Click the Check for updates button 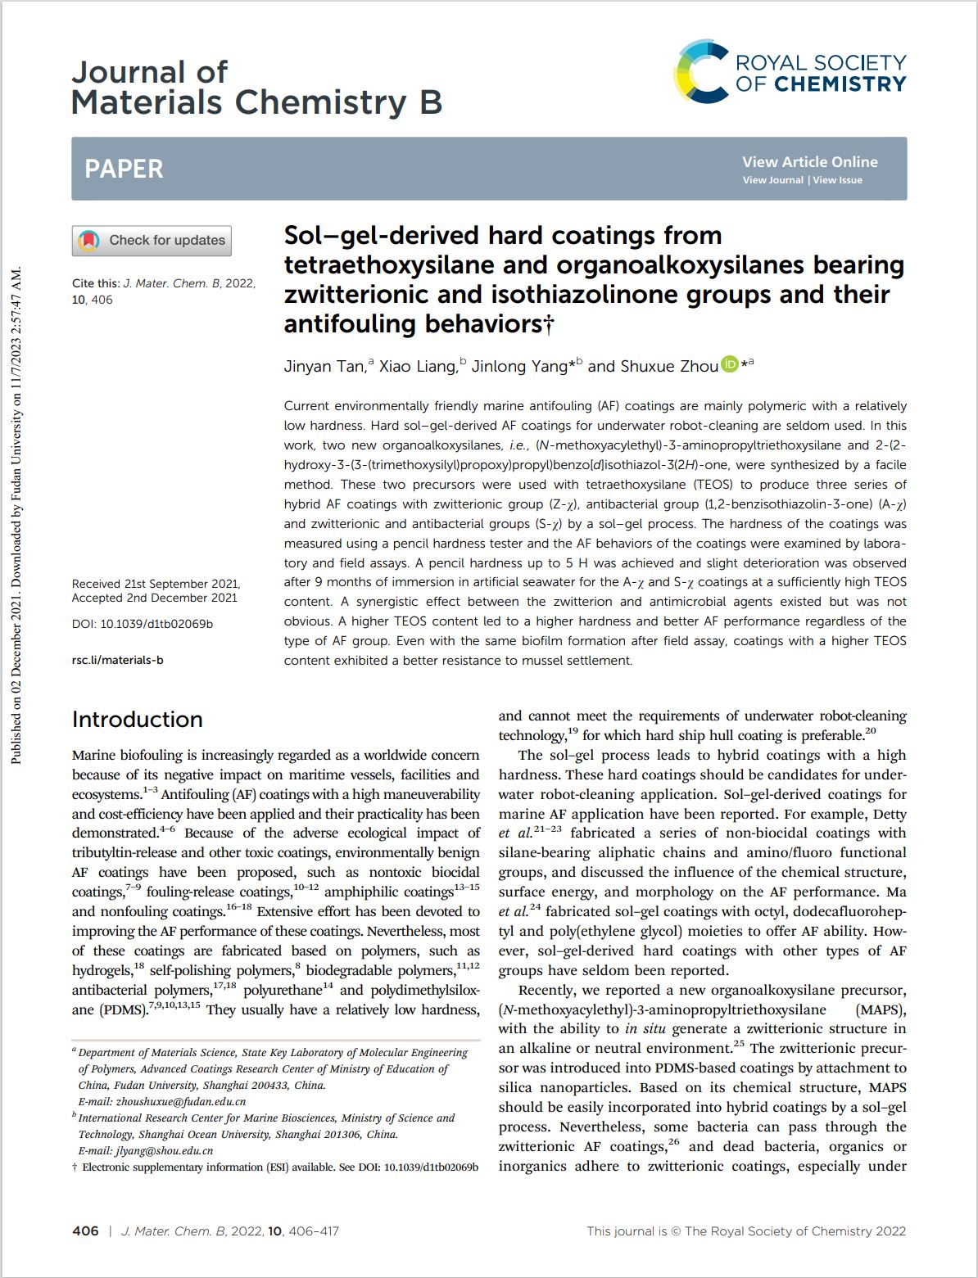pyautogui.click(x=152, y=241)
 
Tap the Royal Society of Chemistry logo pyautogui.click(x=790, y=72)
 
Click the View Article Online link pyautogui.click(x=809, y=162)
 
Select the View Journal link pyautogui.click(x=772, y=180)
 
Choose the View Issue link pyautogui.click(x=837, y=180)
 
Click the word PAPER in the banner pyautogui.click(x=124, y=169)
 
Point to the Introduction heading pyautogui.click(x=137, y=719)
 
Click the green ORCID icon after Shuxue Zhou pyautogui.click(x=729, y=365)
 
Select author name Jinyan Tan pyautogui.click(x=324, y=367)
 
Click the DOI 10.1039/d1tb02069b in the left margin pyautogui.click(x=156, y=624)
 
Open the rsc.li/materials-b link pyautogui.click(x=117, y=660)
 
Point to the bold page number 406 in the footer pyautogui.click(x=85, y=1231)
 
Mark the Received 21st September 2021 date pyautogui.click(x=156, y=584)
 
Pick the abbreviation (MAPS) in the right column pyautogui.click(x=881, y=1009)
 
